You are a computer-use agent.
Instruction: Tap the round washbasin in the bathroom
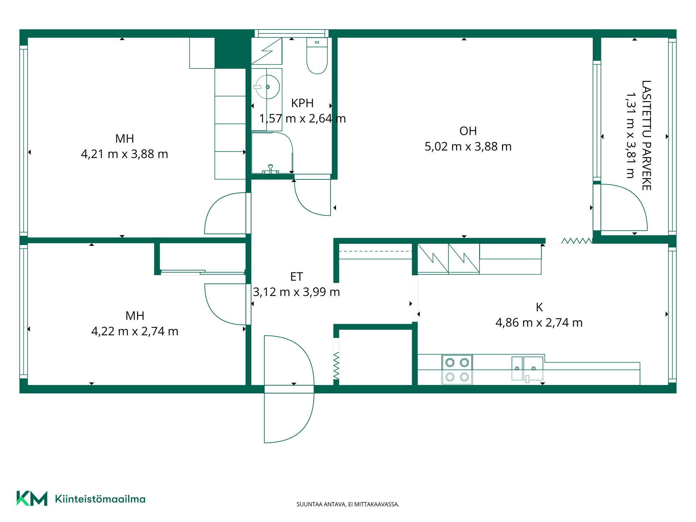(x=268, y=87)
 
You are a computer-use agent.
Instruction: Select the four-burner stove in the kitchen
(x=457, y=369)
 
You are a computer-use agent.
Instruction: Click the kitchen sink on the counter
(x=527, y=369)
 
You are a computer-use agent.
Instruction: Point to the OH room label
(x=468, y=131)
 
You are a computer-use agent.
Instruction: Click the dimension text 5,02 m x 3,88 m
(x=468, y=146)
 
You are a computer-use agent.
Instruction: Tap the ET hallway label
(x=296, y=277)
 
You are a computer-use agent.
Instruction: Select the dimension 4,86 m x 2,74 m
(x=539, y=322)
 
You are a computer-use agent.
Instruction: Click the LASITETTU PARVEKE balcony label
(x=646, y=135)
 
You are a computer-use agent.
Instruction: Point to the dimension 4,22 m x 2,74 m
(x=134, y=331)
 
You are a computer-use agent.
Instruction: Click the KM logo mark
(x=32, y=498)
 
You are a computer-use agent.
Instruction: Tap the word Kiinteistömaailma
(x=100, y=499)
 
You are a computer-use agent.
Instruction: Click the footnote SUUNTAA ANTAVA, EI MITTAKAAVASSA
(x=348, y=504)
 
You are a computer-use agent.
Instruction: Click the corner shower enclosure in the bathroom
(x=272, y=153)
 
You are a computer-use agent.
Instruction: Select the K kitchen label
(x=539, y=307)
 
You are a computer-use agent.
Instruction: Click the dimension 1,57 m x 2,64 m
(x=302, y=119)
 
